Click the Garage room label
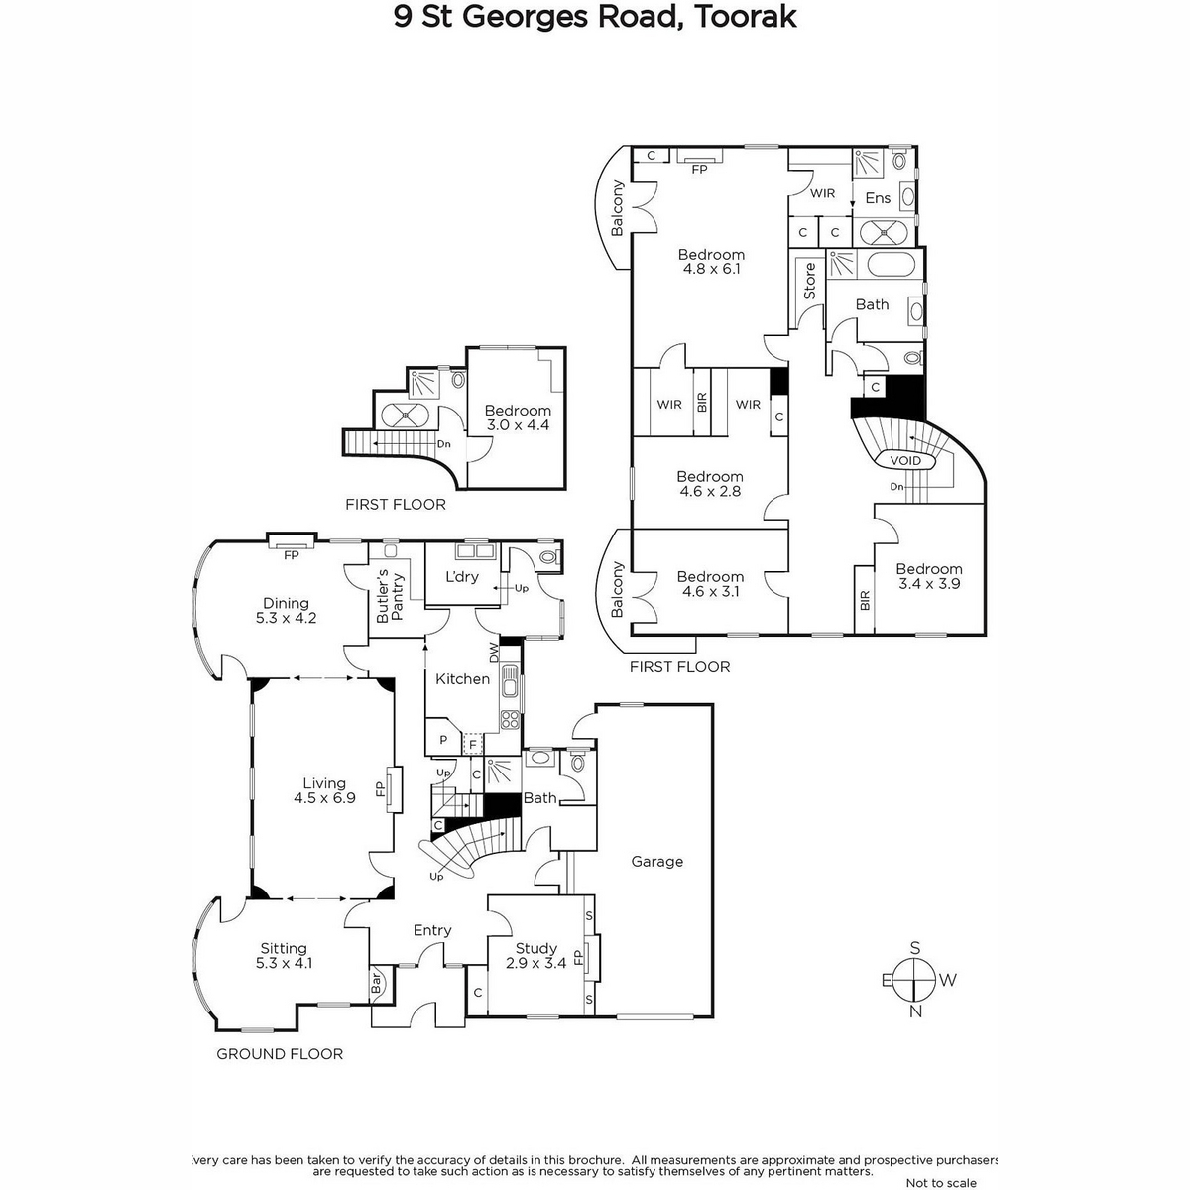(x=657, y=861)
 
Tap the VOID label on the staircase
(x=905, y=460)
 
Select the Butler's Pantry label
(x=391, y=595)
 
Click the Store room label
(x=809, y=281)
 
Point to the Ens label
(x=878, y=197)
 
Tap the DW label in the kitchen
(x=494, y=653)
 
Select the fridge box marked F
(x=473, y=744)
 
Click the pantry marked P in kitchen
(x=442, y=740)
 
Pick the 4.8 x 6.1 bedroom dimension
(x=711, y=269)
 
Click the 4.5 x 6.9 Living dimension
(x=324, y=798)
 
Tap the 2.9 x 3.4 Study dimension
(x=535, y=963)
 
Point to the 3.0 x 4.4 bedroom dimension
(x=518, y=424)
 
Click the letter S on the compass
(x=915, y=948)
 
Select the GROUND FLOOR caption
(x=280, y=1054)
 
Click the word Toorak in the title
(x=746, y=17)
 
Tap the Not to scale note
(x=941, y=1183)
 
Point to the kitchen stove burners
(x=510, y=719)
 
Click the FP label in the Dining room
(x=291, y=555)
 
